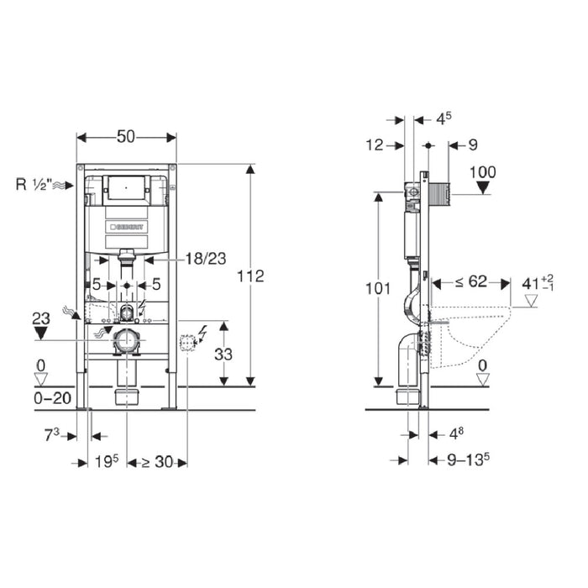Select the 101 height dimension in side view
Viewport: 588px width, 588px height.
pyautogui.click(x=379, y=288)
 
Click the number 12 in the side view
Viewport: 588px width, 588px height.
pyautogui.click(x=375, y=145)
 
